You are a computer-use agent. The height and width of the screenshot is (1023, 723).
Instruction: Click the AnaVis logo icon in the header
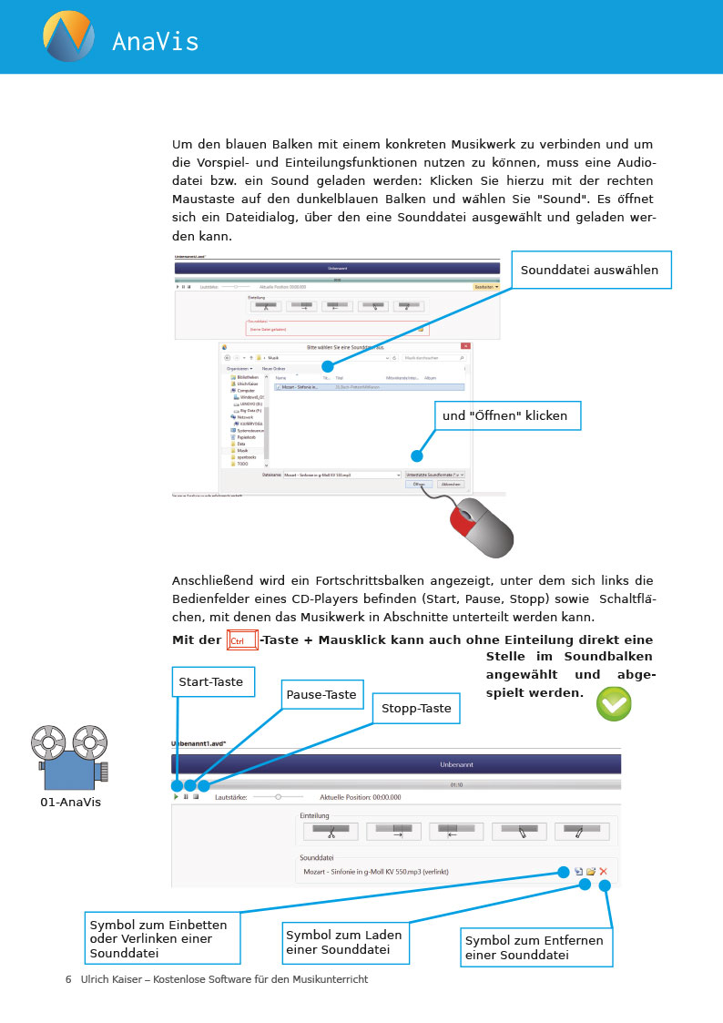click(67, 36)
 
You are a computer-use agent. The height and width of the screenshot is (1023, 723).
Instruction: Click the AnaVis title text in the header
click(155, 41)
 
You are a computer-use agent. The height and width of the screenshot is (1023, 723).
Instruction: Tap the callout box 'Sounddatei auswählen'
click(589, 270)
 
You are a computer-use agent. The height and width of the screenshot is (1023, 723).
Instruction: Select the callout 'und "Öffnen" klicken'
click(505, 415)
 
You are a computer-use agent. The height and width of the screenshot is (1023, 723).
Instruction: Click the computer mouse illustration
click(482, 527)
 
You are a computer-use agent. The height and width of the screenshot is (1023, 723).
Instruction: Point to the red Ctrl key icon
click(242, 640)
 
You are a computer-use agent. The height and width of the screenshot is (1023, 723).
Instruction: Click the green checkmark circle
click(614, 703)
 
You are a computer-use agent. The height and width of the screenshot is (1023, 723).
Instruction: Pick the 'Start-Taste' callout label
click(210, 681)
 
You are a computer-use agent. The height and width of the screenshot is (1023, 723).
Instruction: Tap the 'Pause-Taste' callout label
click(321, 695)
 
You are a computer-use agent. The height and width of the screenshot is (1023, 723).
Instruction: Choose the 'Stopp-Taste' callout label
click(416, 708)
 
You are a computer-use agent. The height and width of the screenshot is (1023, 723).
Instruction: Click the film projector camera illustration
click(69, 757)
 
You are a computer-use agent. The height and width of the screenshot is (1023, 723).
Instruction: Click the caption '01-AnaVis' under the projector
click(70, 803)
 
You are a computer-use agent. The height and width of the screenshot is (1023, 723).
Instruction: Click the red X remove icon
click(603, 872)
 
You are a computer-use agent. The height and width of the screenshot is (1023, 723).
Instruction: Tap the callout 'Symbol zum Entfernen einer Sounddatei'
click(535, 947)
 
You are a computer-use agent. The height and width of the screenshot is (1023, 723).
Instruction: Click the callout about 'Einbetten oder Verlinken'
click(162, 938)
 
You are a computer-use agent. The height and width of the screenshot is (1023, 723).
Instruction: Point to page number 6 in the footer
click(68, 979)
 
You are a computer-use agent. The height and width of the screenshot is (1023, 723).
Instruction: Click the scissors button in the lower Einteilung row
click(331, 832)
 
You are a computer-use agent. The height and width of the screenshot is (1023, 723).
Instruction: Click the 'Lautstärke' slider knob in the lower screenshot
click(278, 797)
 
